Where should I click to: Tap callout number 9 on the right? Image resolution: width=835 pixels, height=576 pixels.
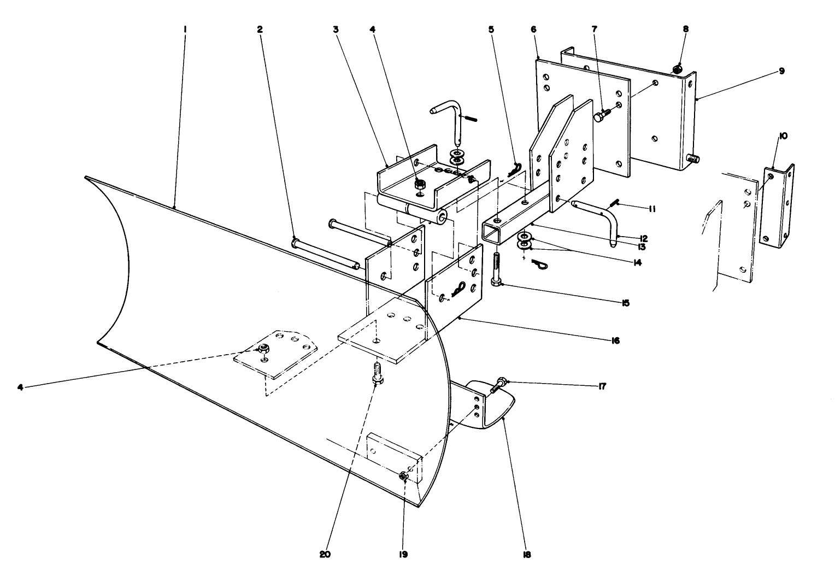coord(782,71)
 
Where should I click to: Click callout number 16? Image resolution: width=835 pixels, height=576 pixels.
coord(615,340)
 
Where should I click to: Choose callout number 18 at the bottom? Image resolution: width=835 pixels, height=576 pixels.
coord(526,554)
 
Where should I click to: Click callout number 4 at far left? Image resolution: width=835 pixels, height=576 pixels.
coord(20,387)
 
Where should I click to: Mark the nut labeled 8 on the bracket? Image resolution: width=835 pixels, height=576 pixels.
coord(677,69)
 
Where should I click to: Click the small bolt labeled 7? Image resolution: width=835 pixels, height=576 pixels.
coord(601,116)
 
